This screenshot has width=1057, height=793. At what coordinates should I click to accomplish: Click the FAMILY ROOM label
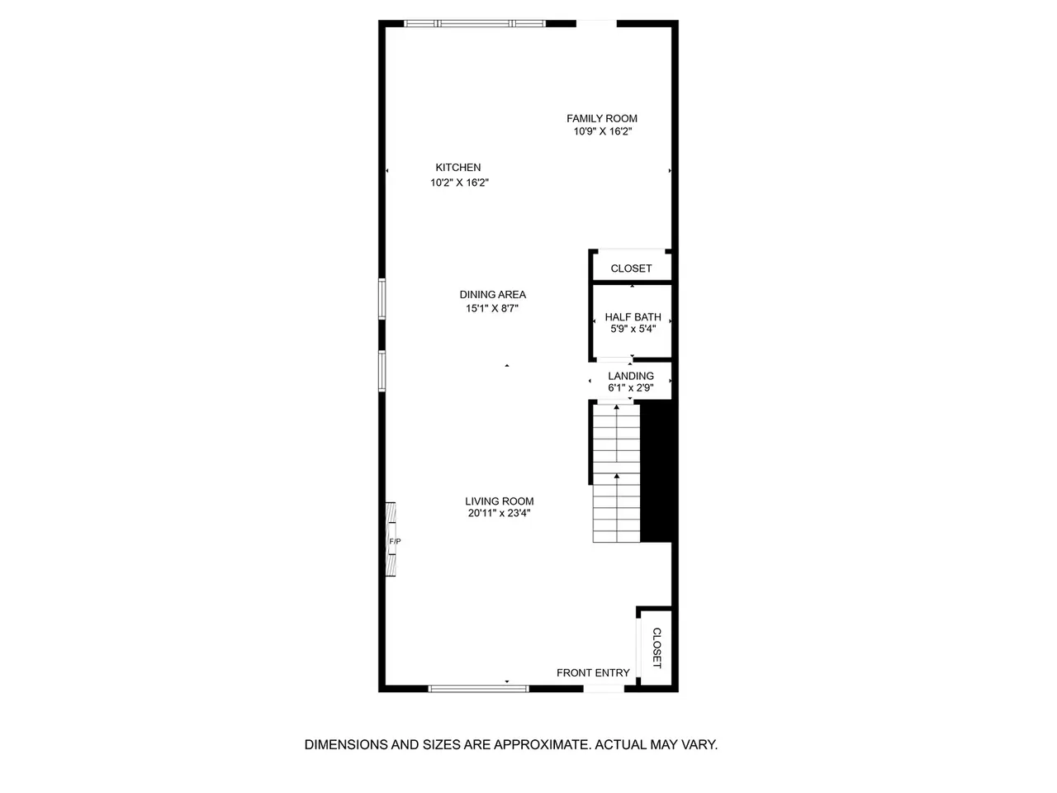[x=601, y=118]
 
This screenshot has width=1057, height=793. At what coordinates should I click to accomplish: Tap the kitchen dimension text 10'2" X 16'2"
[x=459, y=183]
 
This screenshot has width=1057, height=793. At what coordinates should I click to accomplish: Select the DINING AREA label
[x=493, y=294]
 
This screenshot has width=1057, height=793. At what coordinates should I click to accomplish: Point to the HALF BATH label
[x=633, y=317]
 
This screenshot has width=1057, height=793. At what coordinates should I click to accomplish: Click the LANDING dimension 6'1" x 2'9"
[x=631, y=387]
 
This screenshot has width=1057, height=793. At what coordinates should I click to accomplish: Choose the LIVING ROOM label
[x=500, y=501]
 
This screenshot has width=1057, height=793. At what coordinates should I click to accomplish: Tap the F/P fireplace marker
[x=395, y=542]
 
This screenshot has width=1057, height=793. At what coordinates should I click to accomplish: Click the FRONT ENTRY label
[x=593, y=672]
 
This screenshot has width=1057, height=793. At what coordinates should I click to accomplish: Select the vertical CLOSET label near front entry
[x=656, y=648]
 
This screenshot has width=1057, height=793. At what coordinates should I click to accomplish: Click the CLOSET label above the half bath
[x=631, y=268]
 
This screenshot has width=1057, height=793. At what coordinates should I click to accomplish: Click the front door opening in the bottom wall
[x=604, y=689]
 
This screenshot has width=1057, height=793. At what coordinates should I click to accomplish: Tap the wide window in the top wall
[x=474, y=23]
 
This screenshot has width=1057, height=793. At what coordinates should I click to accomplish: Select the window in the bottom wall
[x=479, y=689]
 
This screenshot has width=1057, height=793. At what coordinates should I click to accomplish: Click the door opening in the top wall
[x=597, y=23]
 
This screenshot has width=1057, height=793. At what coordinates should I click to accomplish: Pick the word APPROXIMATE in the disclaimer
[x=543, y=745]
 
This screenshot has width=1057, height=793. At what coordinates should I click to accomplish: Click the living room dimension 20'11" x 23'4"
[x=500, y=513]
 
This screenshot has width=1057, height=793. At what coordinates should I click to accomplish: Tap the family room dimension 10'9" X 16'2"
[x=603, y=131]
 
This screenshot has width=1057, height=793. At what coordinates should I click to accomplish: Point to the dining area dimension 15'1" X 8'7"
[x=491, y=308]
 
